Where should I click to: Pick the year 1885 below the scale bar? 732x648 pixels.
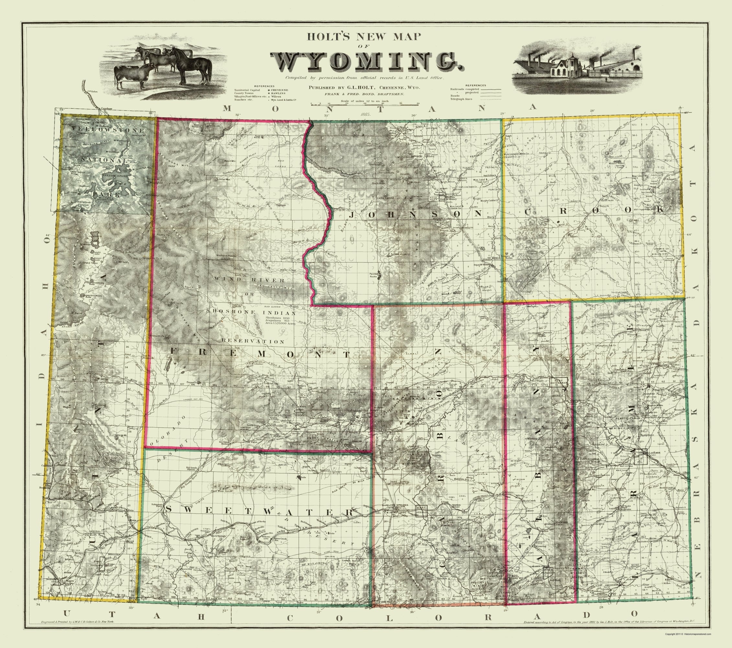(365, 114)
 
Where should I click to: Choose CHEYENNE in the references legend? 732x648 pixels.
(280, 90)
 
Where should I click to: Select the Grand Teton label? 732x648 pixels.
(90, 263)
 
